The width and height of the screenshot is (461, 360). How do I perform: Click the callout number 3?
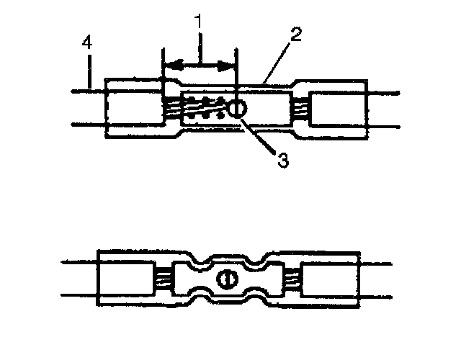(282, 160)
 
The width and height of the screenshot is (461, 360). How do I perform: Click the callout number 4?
(86, 43)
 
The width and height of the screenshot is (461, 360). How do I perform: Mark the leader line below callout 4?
(89, 72)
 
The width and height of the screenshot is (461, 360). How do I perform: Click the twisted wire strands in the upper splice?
(202, 108)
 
